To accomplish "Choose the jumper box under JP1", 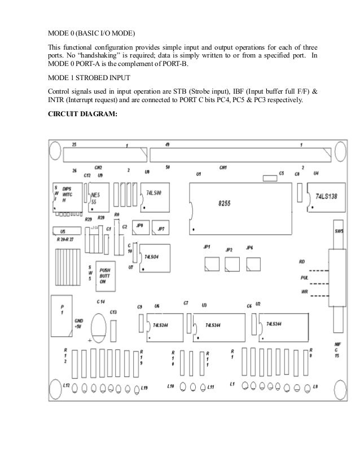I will pos(212,262).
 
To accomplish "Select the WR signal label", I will pos(304,292).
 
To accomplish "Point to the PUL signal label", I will pos(305,277).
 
